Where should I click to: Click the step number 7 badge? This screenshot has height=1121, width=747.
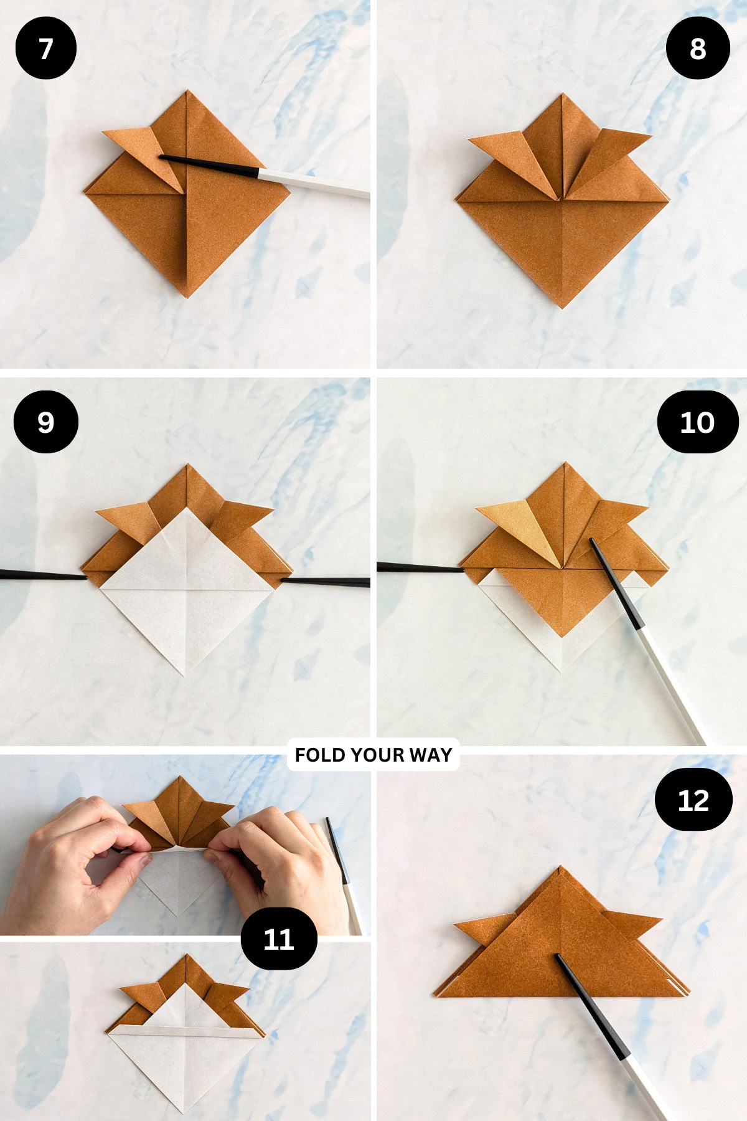click(45, 49)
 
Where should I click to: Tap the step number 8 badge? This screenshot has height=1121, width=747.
click(697, 49)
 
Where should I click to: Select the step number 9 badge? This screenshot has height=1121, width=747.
click(45, 422)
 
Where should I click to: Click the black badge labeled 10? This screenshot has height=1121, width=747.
click(697, 422)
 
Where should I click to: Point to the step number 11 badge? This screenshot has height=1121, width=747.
click(278, 939)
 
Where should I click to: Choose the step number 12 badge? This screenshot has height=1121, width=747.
click(693, 800)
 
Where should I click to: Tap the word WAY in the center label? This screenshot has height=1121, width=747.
click(431, 755)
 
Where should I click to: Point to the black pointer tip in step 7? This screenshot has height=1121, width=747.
click(163, 158)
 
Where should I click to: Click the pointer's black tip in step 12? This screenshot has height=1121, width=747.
click(558, 957)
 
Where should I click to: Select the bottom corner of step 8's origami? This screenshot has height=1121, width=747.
click(562, 306)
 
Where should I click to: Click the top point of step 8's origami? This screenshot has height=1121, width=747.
click(563, 95)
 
